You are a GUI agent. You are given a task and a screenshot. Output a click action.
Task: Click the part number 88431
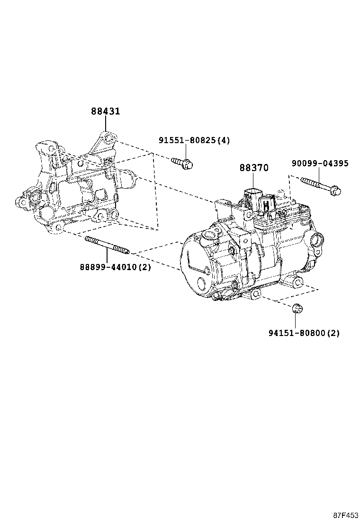(105, 111)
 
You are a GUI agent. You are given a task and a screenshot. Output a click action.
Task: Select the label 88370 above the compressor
(253, 168)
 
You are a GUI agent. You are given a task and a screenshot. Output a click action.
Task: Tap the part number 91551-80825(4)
(194, 140)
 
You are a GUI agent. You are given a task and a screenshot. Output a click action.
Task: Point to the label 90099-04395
(320, 164)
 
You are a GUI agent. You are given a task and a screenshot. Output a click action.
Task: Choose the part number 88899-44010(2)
(115, 267)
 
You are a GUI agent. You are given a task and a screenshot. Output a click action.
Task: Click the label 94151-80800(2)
(304, 333)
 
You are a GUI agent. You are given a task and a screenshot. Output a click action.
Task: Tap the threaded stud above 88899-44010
(107, 245)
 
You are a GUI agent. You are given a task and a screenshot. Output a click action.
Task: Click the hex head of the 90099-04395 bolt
(334, 192)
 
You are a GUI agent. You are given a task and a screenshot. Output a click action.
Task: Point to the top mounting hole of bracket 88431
(109, 138)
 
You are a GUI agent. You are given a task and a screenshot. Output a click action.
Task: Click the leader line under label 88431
(105, 125)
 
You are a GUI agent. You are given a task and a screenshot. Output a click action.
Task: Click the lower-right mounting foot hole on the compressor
(297, 283)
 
